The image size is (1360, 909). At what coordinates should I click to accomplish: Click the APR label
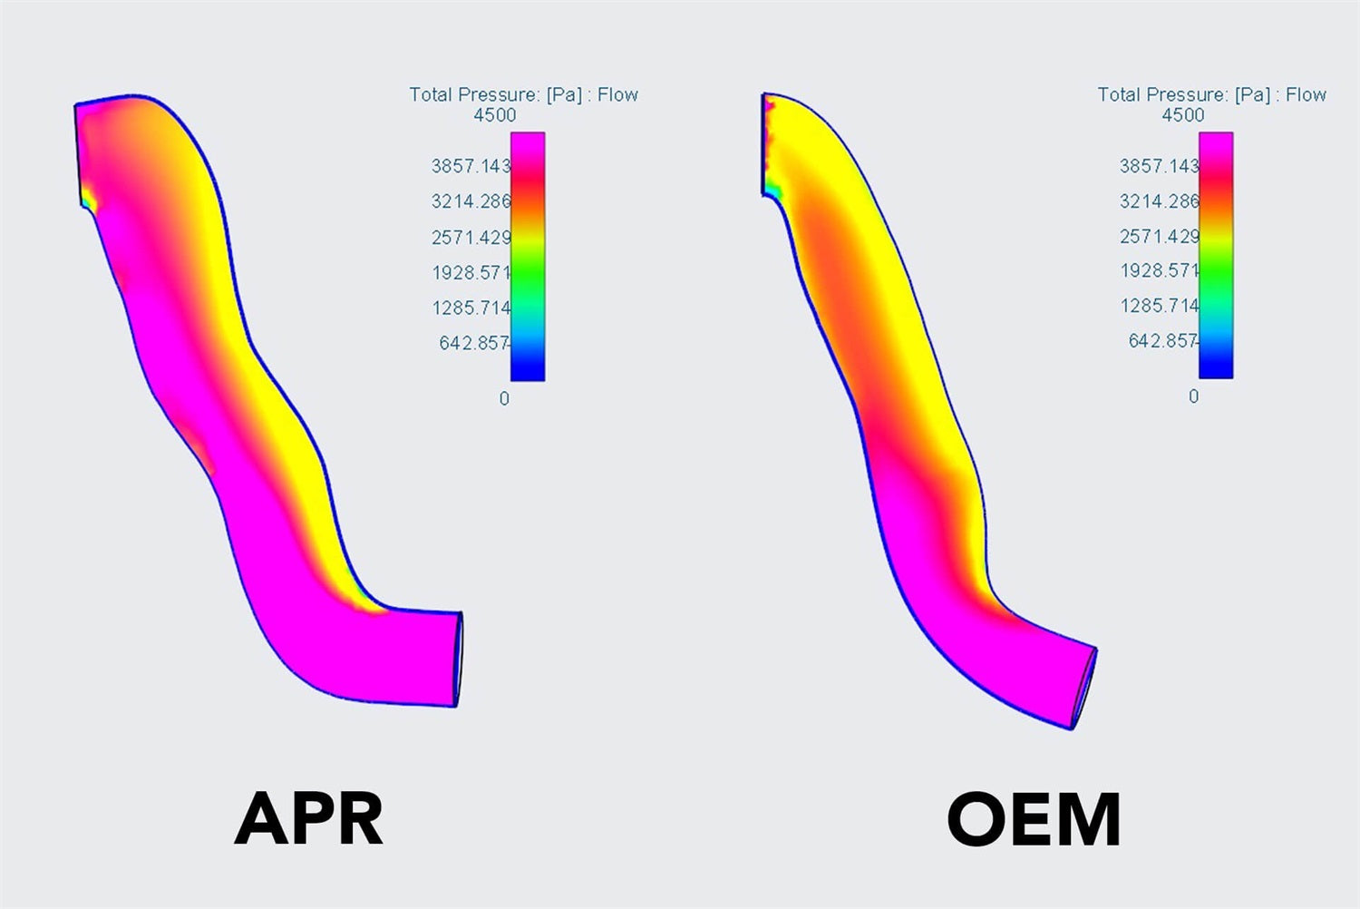click(x=309, y=818)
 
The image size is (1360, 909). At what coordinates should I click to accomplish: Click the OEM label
click(x=1034, y=819)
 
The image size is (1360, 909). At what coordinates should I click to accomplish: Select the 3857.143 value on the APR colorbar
click(x=471, y=166)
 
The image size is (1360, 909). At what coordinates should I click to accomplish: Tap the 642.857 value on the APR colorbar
click(x=474, y=343)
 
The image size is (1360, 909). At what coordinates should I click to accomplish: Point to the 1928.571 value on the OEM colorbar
click(x=1160, y=270)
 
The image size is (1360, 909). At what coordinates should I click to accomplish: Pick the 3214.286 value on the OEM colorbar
click(x=1159, y=200)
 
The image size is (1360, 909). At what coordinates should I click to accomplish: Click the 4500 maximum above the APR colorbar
click(x=494, y=115)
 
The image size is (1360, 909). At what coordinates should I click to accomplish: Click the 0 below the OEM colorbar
click(x=1193, y=396)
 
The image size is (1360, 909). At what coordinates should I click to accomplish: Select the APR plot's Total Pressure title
click(x=523, y=94)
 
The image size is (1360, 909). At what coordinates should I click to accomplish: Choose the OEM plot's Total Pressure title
click(x=1211, y=94)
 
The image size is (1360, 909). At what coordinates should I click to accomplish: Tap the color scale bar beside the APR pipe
click(x=528, y=256)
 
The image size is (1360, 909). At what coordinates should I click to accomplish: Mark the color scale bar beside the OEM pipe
click(x=1216, y=255)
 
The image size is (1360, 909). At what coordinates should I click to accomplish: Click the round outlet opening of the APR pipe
click(x=459, y=660)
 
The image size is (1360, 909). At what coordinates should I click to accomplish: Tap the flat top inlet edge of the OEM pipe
click(x=763, y=143)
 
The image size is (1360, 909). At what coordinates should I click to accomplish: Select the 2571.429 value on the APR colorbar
click(x=471, y=238)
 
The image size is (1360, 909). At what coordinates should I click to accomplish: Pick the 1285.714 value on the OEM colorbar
click(x=1160, y=306)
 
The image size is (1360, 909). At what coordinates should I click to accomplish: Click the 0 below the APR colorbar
click(x=504, y=398)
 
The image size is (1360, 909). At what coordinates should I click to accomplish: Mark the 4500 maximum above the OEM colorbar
click(x=1183, y=115)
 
